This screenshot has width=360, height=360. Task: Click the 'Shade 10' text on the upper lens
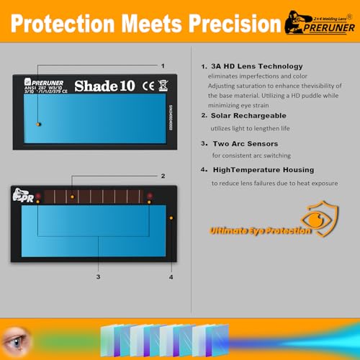click(104, 86)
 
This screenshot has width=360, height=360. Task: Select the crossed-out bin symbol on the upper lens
click(163, 86)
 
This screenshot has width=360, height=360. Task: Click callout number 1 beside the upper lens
click(163, 66)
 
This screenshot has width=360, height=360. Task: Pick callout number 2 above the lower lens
click(163, 176)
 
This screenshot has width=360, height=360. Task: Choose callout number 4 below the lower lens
click(171, 276)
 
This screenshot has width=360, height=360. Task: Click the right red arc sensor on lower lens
click(149, 196)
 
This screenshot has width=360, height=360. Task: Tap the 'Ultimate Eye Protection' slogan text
click(261, 231)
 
